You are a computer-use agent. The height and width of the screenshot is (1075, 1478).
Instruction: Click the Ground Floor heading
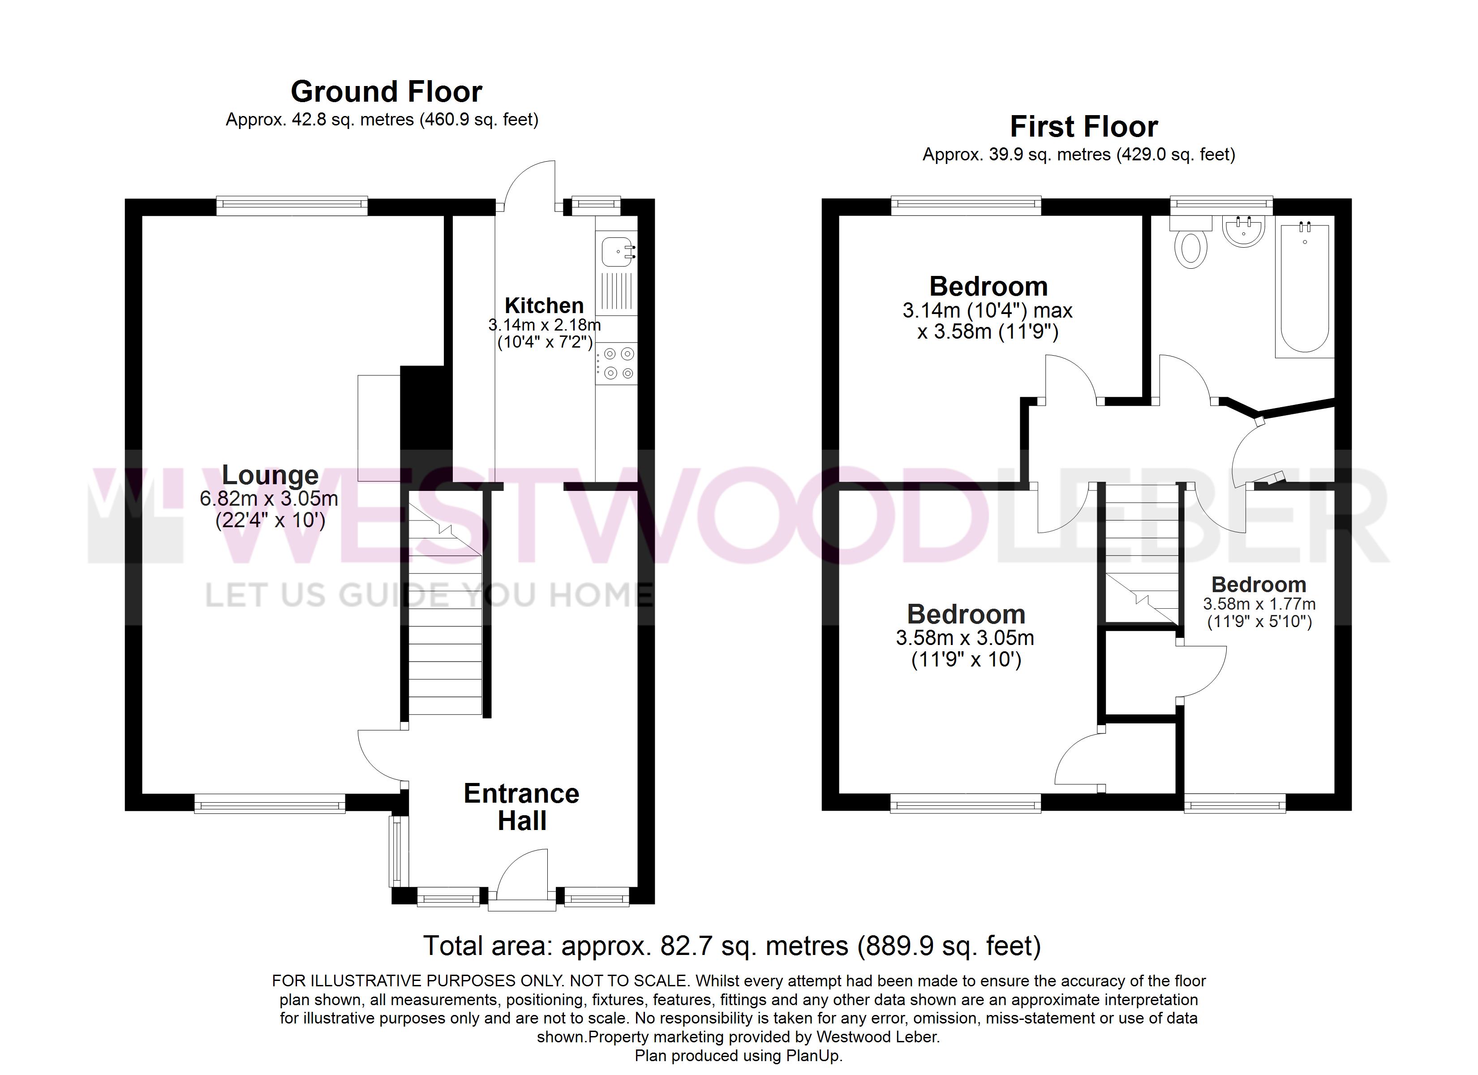click(387, 92)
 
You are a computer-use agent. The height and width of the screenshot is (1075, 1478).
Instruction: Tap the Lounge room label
click(270, 475)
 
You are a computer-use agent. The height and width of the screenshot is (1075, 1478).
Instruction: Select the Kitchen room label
click(544, 305)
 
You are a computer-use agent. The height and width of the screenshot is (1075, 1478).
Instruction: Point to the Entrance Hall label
click(521, 807)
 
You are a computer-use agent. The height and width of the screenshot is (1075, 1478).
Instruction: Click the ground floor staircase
click(445, 603)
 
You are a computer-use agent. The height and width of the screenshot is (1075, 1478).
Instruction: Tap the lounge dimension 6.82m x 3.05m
click(269, 499)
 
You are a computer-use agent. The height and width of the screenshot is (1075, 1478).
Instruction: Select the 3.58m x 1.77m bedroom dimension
click(1259, 604)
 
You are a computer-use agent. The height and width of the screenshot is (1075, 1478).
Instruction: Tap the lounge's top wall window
click(292, 206)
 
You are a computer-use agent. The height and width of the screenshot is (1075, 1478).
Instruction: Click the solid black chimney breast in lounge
click(426, 408)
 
